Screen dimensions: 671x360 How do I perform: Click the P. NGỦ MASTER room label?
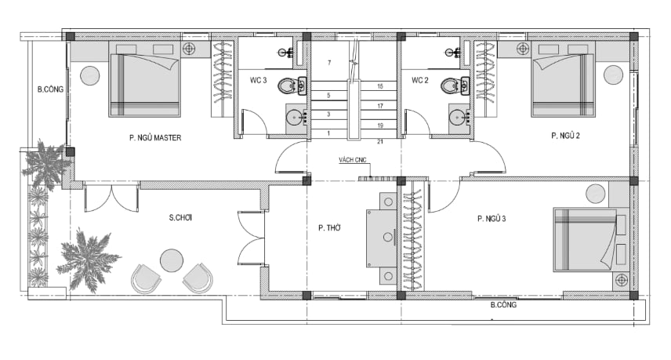pyautogui.click(x=155, y=138)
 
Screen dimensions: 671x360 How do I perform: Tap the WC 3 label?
pyautogui.click(x=259, y=80)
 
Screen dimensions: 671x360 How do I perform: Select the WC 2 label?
pyautogui.click(x=420, y=80)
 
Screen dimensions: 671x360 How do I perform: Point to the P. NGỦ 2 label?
pyautogui.click(x=565, y=136)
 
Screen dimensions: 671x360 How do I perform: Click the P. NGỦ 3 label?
pyautogui.click(x=491, y=219)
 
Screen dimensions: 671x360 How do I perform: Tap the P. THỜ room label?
pyautogui.click(x=329, y=228)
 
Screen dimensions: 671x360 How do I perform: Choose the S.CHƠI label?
pyautogui.click(x=180, y=217)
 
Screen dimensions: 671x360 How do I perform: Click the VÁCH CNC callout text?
pyautogui.click(x=353, y=160)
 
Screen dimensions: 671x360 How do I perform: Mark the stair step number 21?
pyautogui.click(x=380, y=142)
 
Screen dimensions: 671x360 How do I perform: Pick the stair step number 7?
pyautogui.click(x=329, y=63)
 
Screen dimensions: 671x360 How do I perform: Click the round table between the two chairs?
pyautogui.click(x=172, y=260)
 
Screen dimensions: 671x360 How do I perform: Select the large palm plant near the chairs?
pyautogui.click(x=88, y=260)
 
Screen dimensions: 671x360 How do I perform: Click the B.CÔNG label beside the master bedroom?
pyautogui.click(x=50, y=89)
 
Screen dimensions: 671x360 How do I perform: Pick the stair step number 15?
pyautogui.click(x=380, y=86)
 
